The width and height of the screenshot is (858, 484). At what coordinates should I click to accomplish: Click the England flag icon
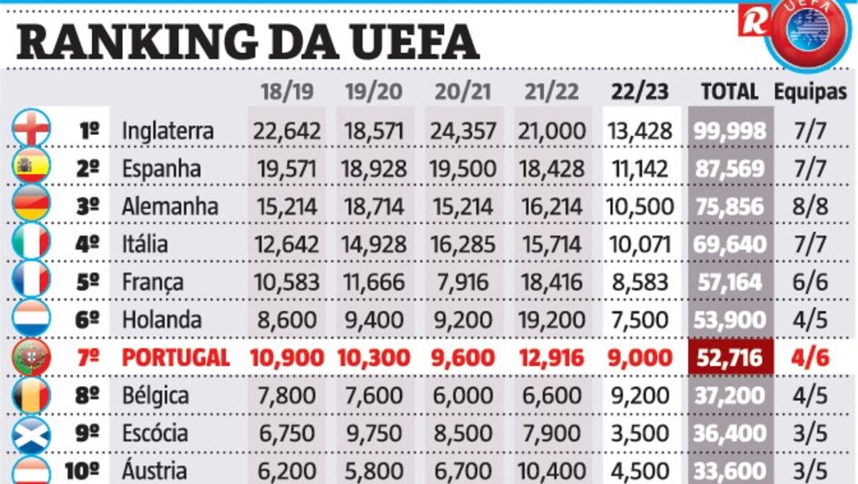pyautogui.click(x=31, y=130)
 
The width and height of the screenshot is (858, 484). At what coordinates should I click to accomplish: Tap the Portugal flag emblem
pyautogui.click(x=31, y=357)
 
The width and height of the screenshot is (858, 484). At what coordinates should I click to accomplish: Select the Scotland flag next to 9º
pyautogui.click(x=31, y=432)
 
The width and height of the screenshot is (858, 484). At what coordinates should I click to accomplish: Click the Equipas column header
pyautogui.click(x=810, y=92)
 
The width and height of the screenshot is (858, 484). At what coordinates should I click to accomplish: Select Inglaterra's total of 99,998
pyautogui.click(x=730, y=131)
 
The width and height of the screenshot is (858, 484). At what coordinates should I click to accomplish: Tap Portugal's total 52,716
pyautogui.click(x=730, y=357)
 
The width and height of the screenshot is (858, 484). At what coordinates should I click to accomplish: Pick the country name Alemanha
pyautogui.click(x=169, y=206)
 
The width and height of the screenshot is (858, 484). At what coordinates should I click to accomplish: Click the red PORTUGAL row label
pyautogui.click(x=176, y=357)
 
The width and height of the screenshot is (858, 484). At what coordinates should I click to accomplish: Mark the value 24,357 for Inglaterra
pyautogui.click(x=463, y=131)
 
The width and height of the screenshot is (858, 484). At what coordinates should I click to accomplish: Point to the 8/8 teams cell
pyautogui.click(x=810, y=206)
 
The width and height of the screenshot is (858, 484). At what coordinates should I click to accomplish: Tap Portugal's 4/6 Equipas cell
pyautogui.click(x=810, y=357)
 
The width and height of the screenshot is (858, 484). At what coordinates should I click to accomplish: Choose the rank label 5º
pyautogui.click(x=88, y=282)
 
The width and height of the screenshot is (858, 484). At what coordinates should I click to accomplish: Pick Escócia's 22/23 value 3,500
pyautogui.click(x=641, y=433)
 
